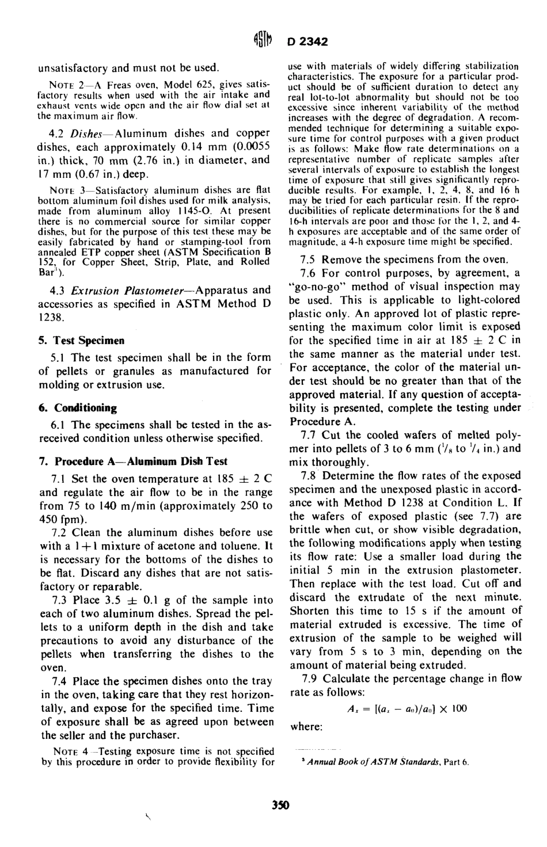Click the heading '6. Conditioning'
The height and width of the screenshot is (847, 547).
pyautogui.click(x=78, y=408)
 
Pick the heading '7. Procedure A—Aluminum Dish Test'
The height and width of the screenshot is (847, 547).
pyautogui.click(x=133, y=461)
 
